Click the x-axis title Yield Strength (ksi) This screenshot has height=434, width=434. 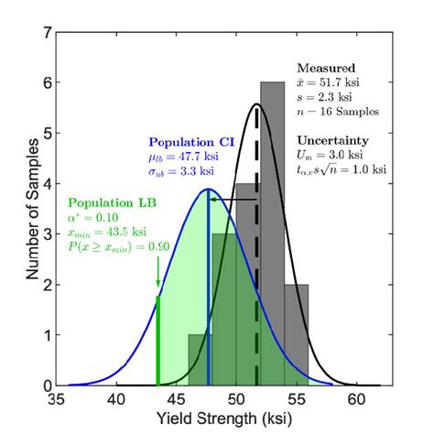click(x=223, y=422)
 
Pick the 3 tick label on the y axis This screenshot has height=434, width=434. click(x=45, y=235)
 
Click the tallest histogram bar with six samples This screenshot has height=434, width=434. click(x=272, y=229)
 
